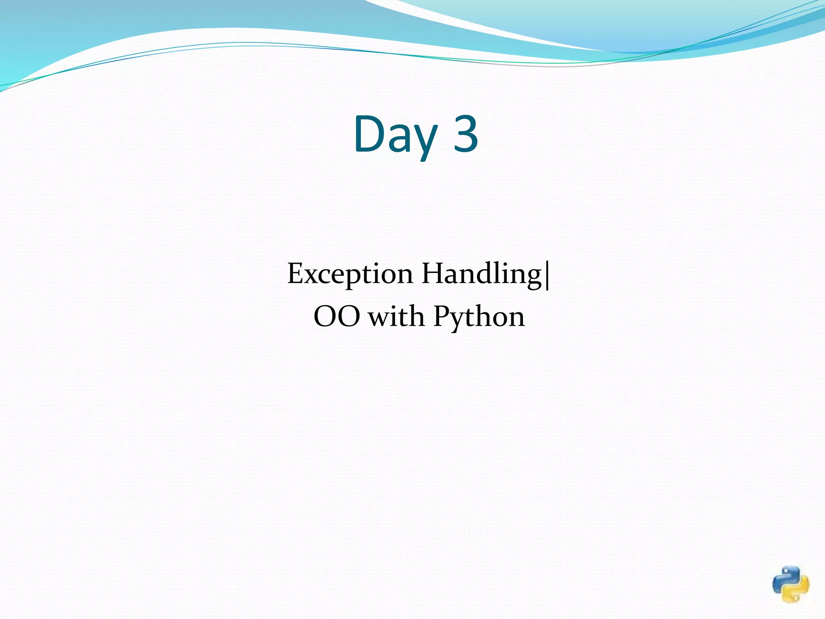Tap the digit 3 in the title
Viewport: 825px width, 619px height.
point(466,134)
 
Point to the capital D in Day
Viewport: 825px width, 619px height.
point(370,134)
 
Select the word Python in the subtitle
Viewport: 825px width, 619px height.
point(479,317)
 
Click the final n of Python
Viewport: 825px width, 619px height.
point(516,319)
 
